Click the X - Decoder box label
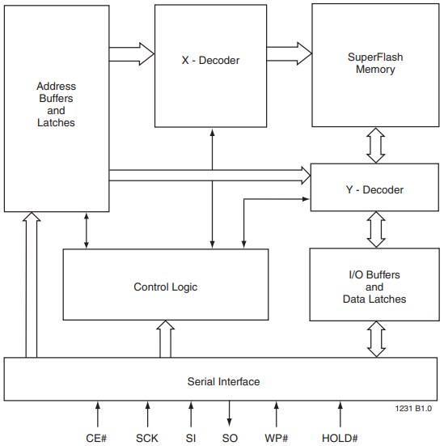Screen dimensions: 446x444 [x=209, y=60]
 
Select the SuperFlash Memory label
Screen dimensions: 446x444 [x=375, y=63]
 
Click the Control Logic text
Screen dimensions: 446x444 [x=165, y=287]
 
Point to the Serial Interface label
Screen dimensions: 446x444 [x=223, y=381]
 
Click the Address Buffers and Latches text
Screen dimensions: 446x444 [x=56, y=104]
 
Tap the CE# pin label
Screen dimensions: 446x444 [x=98, y=438]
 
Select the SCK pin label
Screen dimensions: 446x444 [x=147, y=438]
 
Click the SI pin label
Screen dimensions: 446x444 [x=191, y=438]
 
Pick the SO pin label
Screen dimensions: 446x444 [x=230, y=438]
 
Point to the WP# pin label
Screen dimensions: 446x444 [x=277, y=438]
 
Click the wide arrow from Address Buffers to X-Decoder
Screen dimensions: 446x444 [x=131, y=54]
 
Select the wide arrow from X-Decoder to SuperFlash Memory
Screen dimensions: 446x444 [x=289, y=53]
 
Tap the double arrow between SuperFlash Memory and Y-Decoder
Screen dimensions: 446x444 [x=375, y=145]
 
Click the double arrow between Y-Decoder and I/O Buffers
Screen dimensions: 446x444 [x=375, y=229]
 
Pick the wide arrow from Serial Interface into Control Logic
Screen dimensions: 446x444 [x=165, y=338]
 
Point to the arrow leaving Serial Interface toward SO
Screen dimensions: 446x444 [x=230, y=413]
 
